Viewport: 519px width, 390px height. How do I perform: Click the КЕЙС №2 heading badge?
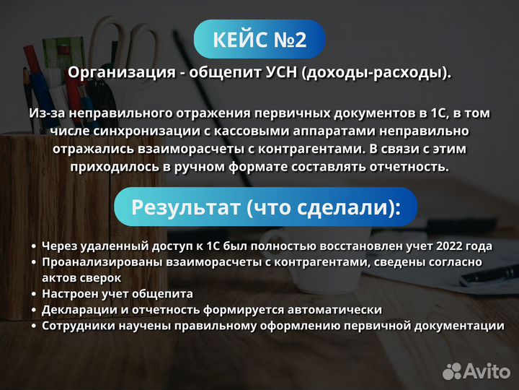pos(259,39)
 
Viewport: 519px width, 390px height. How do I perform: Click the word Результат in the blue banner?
pos(185,208)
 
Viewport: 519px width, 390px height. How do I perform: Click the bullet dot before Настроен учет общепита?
pos(34,294)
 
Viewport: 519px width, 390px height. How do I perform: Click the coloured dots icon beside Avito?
pos(452,371)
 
